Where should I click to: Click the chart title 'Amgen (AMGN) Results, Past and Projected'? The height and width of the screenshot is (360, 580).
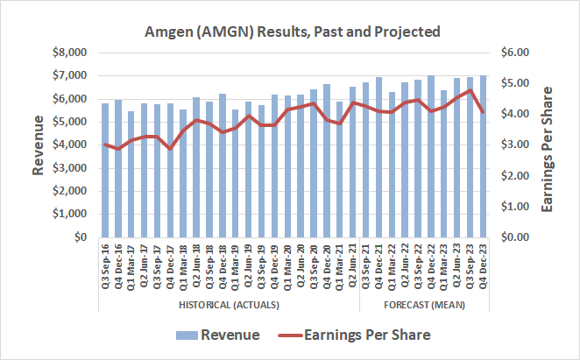(x=293, y=32)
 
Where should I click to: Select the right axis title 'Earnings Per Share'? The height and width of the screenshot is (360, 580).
(x=549, y=145)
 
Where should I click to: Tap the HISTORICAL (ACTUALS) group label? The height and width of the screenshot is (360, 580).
(x=230, y=305)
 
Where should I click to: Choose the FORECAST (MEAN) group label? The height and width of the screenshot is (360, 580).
(x=424, y=305)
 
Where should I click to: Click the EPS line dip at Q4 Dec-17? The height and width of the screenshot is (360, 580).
(x=171, y=149)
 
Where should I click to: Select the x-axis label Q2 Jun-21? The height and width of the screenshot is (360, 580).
(x=352, y=272)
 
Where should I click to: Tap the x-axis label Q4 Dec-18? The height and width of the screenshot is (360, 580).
(x=223, y=272)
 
